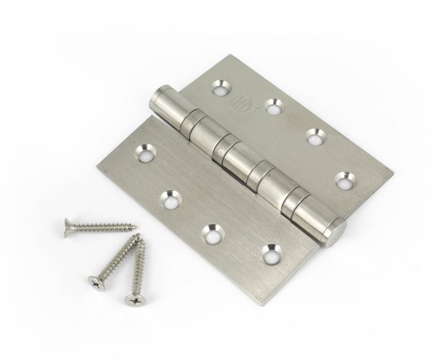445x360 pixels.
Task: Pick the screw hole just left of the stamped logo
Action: pyautogui.click(x=218, y=90)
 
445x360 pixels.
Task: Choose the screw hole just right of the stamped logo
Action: pyautogui.click(x=272, y=107)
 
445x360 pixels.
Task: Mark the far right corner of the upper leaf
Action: pyautogui.click(x=395, y=173)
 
